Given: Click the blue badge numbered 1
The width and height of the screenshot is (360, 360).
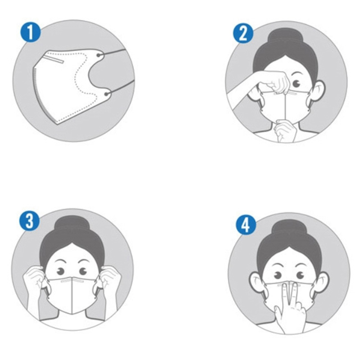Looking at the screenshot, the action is (30, 32).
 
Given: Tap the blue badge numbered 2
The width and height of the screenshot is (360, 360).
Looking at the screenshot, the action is (243, 33).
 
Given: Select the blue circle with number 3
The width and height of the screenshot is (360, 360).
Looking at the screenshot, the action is (30, 220).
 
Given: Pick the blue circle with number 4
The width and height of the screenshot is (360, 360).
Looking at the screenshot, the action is (246, 224).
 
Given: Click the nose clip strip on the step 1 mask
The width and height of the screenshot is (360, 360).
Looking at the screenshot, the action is (54, 59).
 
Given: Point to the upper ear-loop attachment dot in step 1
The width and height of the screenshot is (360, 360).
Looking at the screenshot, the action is (99, 55).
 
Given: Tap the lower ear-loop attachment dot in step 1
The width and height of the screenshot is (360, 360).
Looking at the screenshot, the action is (106, 94).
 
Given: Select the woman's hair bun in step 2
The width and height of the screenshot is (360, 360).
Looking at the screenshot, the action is (286, 38).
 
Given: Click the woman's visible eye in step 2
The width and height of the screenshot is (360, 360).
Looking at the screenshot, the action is (297, 84).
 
